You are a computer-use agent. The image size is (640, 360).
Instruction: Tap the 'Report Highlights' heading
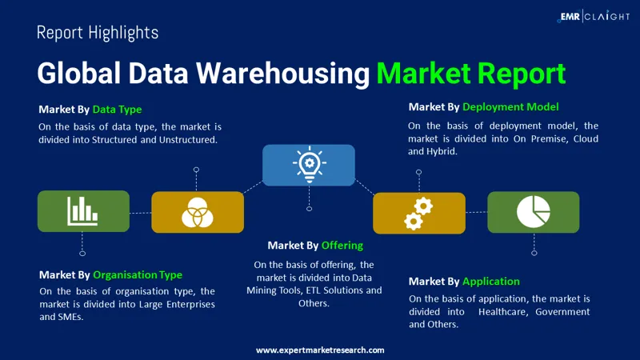[98, 33]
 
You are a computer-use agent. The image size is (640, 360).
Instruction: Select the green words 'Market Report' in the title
[471, 73]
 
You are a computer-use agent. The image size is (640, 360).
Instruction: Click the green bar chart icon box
[83, 211]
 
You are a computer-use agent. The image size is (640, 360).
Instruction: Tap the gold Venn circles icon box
[197, 212]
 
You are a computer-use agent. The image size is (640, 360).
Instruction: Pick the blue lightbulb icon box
[309, 165]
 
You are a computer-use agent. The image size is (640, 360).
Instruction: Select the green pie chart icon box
[533, 212]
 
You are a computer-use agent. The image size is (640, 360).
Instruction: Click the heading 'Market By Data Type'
[90, 110]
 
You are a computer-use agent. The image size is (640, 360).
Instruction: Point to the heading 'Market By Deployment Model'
[483, 106]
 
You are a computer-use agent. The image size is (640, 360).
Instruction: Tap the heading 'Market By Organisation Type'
[110, 274]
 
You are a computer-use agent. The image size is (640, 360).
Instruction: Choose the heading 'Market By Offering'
[315, 245]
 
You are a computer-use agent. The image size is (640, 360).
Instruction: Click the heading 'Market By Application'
[464, 281]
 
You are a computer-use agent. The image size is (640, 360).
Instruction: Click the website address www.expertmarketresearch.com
[320, 350]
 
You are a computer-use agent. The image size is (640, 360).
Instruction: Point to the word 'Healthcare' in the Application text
[503, 311]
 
